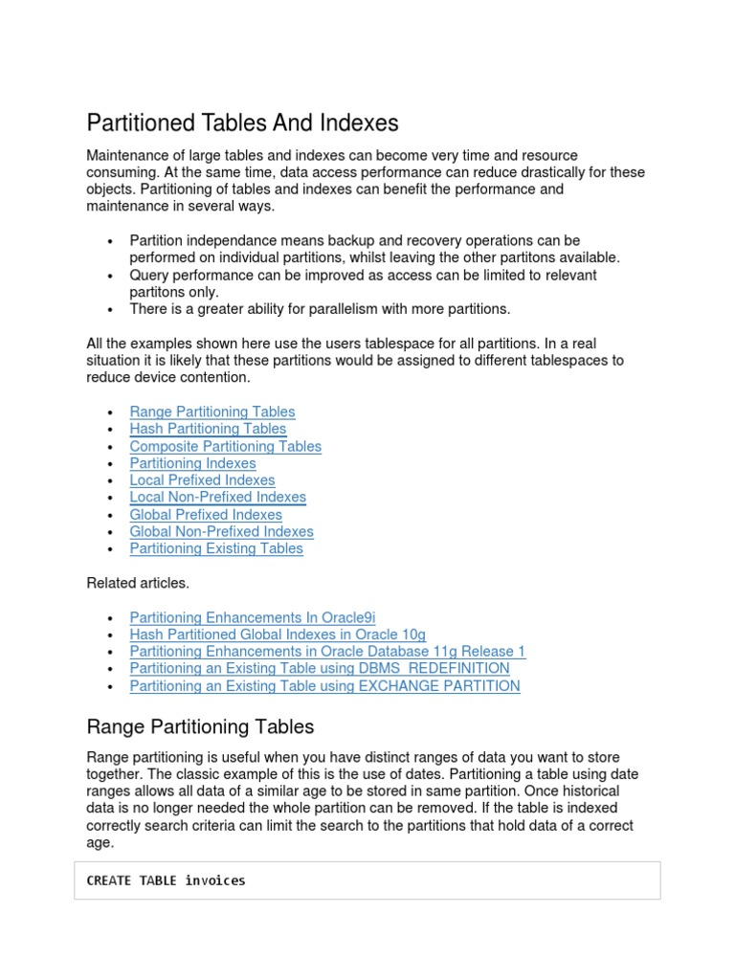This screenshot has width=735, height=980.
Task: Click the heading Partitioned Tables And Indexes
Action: [242, 123]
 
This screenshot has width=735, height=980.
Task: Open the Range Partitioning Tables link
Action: [212, 412]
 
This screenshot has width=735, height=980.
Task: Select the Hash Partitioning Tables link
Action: [208, 429]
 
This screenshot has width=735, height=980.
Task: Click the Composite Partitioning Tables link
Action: [225, 446]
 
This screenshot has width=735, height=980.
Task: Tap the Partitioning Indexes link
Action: [192, 463]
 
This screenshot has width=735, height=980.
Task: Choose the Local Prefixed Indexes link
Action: [202, 480]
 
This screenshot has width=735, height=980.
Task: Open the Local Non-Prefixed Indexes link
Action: [217, 498]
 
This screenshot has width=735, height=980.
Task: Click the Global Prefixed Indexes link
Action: [206, 515]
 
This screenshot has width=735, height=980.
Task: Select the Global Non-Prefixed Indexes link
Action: [221, 532]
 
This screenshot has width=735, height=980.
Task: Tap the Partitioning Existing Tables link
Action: [216, 549]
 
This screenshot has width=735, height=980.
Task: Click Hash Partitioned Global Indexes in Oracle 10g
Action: [278, 635]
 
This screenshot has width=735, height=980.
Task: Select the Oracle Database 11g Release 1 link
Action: [327, 652]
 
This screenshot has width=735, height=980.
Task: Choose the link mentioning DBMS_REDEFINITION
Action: [320, 669]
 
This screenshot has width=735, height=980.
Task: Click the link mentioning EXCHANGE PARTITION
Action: [324, 686]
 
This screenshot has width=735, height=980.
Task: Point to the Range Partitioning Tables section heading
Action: [200, 727]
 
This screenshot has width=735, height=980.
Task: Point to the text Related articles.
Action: [138, 583]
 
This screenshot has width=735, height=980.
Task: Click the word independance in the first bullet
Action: [226, 241]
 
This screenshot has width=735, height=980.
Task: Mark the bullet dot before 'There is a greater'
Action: [112, 310]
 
